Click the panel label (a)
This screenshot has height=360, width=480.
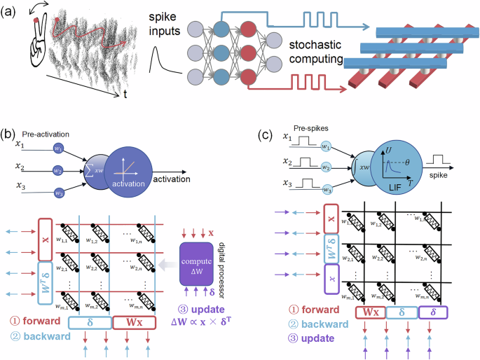pyautogui.click(x=13, y=11)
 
